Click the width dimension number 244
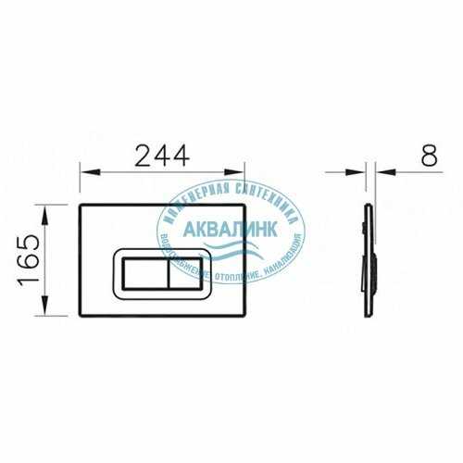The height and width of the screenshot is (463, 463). coord(163,155)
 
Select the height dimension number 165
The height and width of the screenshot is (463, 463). coord(31,262)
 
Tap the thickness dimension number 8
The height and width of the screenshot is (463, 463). coord(429,155)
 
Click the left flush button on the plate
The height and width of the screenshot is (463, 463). coord(140,275)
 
